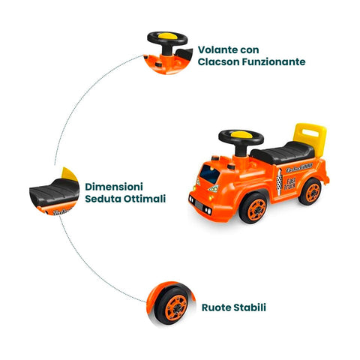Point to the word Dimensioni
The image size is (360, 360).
(x=114, y=187)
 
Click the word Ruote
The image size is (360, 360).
(x=216, y=307)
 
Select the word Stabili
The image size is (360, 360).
(x=250, y=307)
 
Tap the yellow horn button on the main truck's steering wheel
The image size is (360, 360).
(x=241, y=134)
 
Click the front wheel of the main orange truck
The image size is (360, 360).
(x=253, y=208)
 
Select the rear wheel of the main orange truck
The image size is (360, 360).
(x=310, y=191)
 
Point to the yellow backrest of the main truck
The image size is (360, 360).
(x=310, y=139)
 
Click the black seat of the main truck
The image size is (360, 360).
(x=283, y=152)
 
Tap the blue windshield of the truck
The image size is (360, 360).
(x=209, y=174)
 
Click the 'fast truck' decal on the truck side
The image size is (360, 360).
(x=290, y=183)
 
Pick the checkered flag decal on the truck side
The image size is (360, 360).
(x=279, y=182)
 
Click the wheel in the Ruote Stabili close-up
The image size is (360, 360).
(x=172, y=306)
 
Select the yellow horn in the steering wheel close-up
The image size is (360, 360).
(x=167, y=36)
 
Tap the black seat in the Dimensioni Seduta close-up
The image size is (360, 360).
(x=55, y=193)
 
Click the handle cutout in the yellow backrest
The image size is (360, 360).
(x=310, y=133)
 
